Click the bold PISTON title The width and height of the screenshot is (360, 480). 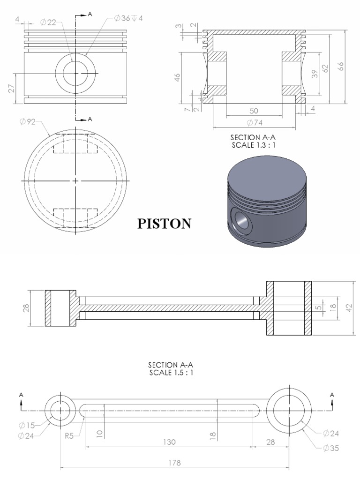point(164,224)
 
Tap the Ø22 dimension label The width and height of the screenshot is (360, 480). point(48,22)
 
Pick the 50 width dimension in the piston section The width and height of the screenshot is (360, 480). point(254,111)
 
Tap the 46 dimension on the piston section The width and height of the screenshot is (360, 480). point(177,77)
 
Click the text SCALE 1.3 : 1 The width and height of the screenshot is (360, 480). point(252,145)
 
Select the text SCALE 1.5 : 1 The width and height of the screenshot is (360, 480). point(171,373)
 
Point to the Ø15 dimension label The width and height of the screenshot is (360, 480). point(28,425)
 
